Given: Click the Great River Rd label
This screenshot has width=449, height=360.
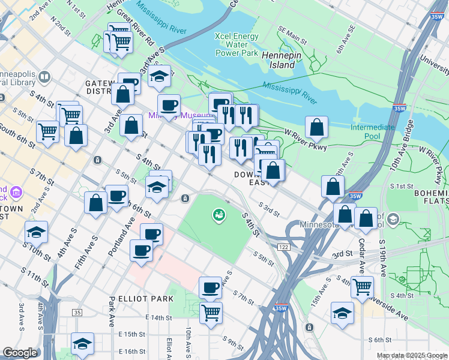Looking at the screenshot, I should tap(136, 26).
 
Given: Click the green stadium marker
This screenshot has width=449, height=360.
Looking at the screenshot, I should tap(219, 214).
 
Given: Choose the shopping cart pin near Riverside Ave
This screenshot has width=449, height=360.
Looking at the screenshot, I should tap(362, 286).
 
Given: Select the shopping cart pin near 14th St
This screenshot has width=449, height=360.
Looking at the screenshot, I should tap(211, 312).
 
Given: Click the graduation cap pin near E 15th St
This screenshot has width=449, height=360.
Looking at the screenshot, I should tap(82, 343).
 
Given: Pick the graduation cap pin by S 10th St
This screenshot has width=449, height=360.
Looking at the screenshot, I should tap(37, 231).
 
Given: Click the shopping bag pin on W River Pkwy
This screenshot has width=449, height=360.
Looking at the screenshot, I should tap(316, 127).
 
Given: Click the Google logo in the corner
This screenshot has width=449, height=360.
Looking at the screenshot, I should tap(20, 352).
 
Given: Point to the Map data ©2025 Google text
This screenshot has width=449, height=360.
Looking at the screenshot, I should tap(411, 355).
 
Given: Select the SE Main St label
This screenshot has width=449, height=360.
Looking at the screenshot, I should tap(292, 39).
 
